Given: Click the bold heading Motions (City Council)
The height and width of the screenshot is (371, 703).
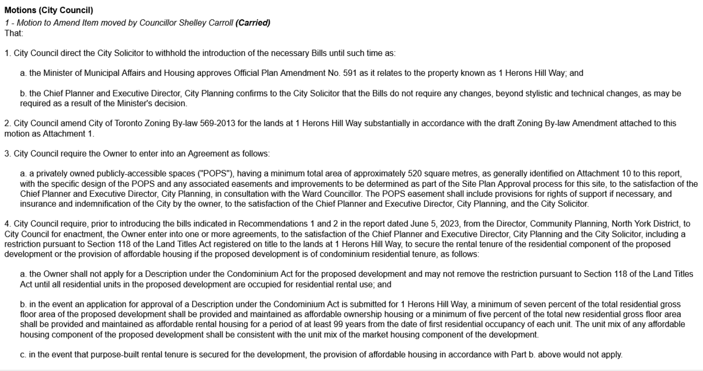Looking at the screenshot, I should tap(49, 10).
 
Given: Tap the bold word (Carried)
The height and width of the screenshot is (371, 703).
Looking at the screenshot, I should tap(253, 23).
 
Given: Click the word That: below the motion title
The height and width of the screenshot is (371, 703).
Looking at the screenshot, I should tap(14, 33).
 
